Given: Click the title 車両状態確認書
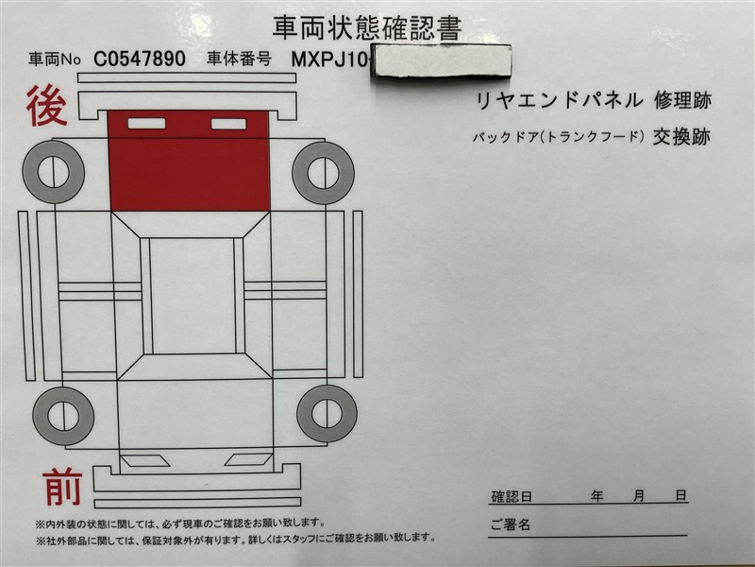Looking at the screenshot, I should coord(367,26).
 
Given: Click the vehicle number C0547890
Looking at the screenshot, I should coord(140,59).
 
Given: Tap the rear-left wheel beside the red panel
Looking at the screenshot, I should coord(54,172).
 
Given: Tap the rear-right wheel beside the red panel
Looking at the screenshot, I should coord(323,172).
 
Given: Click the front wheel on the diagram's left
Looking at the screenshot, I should coord(62,416).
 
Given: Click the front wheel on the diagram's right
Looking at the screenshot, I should coord(327,414).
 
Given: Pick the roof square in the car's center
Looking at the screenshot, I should coord(193,295).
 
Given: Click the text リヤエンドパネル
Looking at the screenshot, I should coord(556,99).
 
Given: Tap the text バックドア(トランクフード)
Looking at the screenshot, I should coord(558,137).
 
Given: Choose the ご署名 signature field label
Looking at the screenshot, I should coord(511,524).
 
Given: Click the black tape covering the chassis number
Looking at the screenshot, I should coord(443,61).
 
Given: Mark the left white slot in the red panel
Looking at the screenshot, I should coord(146,123).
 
